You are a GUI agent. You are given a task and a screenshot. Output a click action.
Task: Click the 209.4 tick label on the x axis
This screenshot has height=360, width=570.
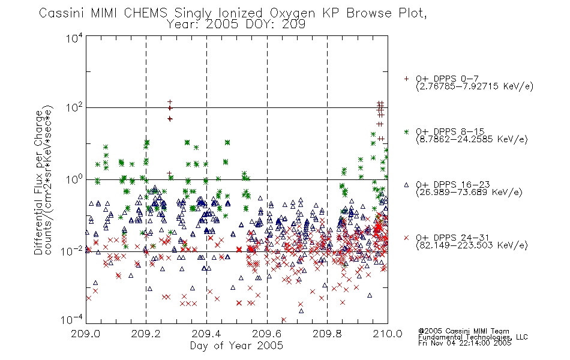(x=206, y=334)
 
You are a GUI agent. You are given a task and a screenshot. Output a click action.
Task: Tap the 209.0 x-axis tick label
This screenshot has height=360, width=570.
(x=86, y=334)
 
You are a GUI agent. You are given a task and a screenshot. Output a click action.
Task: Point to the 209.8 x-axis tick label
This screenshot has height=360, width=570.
(x=327, y=334)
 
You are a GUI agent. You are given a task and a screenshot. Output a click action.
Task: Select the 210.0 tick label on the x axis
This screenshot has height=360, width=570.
(x=388, y=334)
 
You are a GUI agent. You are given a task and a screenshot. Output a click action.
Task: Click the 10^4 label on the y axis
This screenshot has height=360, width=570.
(x=74, y=38)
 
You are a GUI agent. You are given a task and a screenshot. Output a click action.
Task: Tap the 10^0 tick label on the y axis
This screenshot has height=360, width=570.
(x=74, y=179)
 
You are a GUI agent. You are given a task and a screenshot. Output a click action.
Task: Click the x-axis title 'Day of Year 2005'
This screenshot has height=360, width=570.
(x=236, y=346)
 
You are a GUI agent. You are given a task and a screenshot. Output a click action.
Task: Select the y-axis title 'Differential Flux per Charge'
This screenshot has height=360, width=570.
(x=38, y=182)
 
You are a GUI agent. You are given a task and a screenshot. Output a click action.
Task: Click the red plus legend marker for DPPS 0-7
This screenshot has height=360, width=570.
(x=406, y=79)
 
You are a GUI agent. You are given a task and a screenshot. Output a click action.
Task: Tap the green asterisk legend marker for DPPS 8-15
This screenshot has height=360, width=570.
(x=406, y=131)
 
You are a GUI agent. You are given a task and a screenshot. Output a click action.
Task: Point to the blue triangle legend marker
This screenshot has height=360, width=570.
(x=406, y=185)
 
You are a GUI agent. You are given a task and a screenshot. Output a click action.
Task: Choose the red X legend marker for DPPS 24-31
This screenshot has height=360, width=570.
(x=406, y=238)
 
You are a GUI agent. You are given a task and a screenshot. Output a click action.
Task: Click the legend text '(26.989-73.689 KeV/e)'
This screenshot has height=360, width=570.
(x=469, y=193)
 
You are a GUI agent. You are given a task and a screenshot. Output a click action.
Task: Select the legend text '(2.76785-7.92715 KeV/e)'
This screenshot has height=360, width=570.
(x=475, y=86)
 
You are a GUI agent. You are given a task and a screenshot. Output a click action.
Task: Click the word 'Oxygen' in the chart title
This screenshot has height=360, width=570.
(x=292, y=13)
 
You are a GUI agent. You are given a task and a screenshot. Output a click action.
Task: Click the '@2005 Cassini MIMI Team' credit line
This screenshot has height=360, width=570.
(x=463, y=331)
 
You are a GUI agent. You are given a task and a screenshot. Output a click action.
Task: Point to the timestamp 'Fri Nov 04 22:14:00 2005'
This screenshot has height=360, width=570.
(x=464, y=343)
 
